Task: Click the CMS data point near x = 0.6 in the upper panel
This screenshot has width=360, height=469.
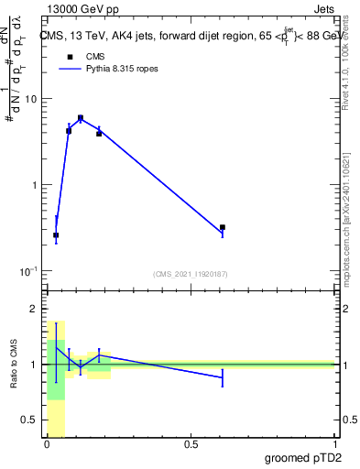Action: click(223, 227)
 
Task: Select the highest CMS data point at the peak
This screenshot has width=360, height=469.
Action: click(81, 118)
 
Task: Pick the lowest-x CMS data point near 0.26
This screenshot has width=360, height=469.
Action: click(56, 235)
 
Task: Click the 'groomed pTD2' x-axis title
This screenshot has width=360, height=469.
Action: click(302, 457)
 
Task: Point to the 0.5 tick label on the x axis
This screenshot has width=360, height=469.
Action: click(191, 443)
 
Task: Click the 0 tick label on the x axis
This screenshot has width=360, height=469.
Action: click(47, 443)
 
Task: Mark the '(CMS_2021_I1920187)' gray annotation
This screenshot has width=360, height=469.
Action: click(190, 273)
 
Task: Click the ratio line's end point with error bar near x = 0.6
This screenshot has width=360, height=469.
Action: click(223, 376)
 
